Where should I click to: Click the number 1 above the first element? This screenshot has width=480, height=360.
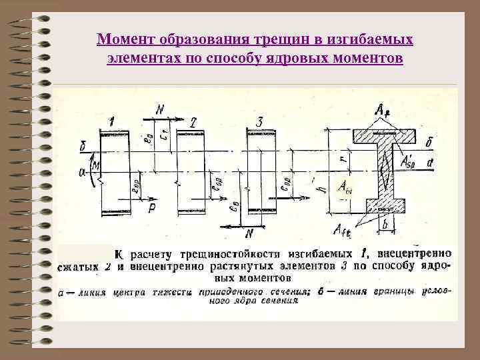pyautogui.click(x=112, y=121)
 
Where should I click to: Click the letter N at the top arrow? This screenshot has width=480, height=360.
pyautogui.click(x=160, y=109)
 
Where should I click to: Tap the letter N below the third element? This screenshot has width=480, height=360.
pyautogui.click(x=251, y=233)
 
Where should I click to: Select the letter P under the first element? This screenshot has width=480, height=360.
pyautogui.click(x=152, y=208)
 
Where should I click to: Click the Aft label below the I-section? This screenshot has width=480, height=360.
pyautogui.click(x=343, y=231)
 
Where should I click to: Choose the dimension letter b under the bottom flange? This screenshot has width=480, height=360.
pyautogui.click(x=385, y=225)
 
